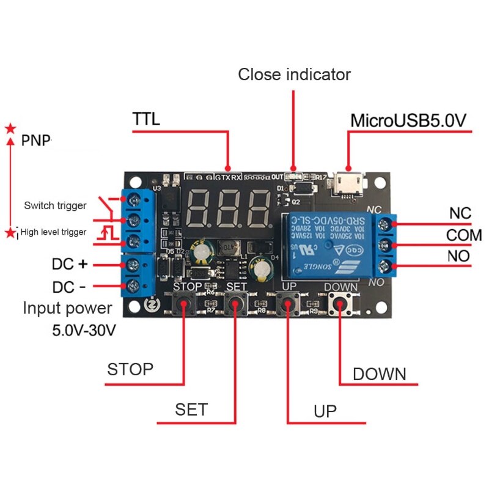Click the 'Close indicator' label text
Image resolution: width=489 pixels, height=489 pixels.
[294, 75]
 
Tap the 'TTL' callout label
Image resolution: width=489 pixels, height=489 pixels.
[146, 119]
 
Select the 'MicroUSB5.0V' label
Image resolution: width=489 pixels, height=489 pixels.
[408, 120]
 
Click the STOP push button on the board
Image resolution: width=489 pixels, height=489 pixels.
[183, 303]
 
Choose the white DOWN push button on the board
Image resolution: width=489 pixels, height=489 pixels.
[339, 303]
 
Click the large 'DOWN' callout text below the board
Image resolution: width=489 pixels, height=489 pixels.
[379, 374]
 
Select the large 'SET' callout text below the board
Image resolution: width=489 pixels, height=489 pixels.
[191, 409]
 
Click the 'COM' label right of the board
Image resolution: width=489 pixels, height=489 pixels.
[463, 235]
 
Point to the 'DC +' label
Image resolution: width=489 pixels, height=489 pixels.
[71, 265]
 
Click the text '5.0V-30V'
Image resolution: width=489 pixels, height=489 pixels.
[84, 331]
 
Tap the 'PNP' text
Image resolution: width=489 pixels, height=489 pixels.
[36, 141]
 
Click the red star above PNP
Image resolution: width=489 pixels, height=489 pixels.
[10, 128]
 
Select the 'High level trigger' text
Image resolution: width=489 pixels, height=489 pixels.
[54, 232]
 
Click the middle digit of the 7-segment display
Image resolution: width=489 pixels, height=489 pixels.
[229, 208]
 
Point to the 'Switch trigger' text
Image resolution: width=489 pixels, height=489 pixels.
[55, 205]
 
